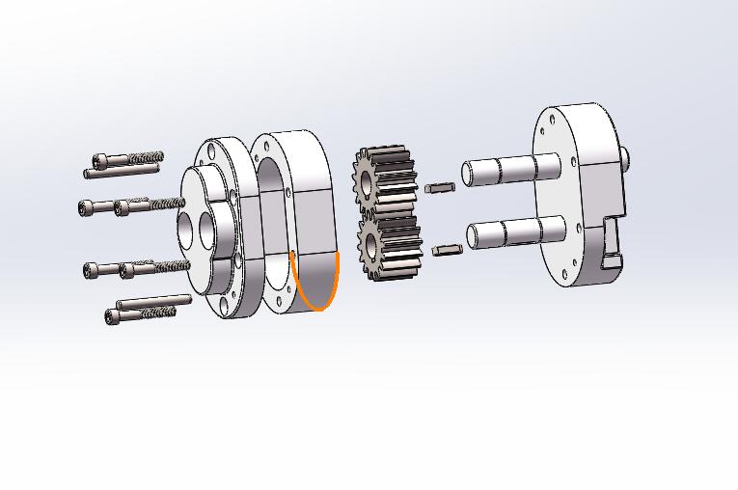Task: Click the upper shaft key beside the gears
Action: (439, 187)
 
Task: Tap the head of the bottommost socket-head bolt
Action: (111, 316)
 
